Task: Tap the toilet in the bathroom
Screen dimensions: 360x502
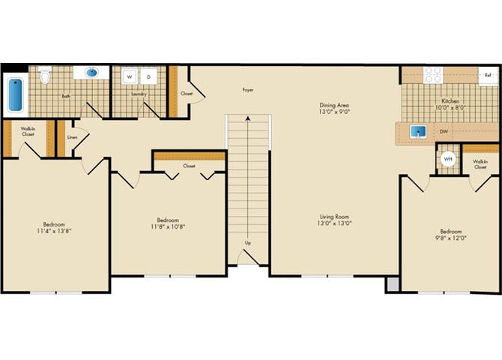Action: [44, 76]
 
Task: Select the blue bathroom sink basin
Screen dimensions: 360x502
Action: [91, 73]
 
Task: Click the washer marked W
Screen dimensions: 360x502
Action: [130, 76]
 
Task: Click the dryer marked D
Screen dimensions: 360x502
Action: [148, 76]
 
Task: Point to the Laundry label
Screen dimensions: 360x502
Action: [137, 94]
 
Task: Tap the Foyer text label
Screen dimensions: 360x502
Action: [247, 90]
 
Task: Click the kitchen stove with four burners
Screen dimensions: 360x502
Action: [433, 74]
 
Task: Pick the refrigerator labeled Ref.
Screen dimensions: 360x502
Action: [488, 75]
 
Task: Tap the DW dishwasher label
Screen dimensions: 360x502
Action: [444, 132]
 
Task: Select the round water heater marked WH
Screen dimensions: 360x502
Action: [447, 159]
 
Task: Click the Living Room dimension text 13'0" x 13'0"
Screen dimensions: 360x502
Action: [333, 223]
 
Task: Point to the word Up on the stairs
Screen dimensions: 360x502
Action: [247, 243]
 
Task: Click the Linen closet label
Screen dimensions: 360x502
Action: [73, 137]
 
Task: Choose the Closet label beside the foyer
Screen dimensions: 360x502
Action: [186, 94]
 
